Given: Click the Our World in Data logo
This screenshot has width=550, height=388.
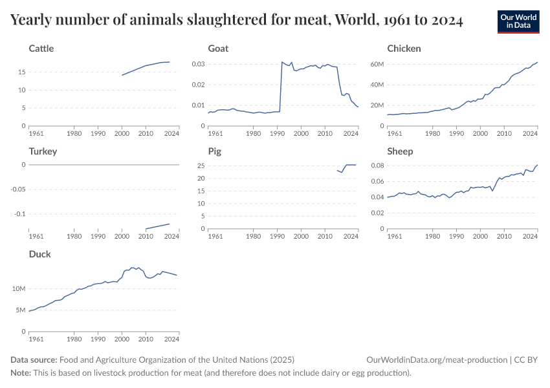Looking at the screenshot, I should (x=518, y=21).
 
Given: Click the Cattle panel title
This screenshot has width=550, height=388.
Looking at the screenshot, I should (x=41, y=48).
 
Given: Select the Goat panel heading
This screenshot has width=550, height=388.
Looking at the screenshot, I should (x=218, y=48).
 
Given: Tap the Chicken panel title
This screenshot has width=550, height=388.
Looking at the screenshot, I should (x=404, y=48).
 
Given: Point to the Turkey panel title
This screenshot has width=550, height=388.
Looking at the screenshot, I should (x=43, y=151).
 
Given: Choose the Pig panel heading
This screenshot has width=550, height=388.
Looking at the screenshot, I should (x=214, y=151).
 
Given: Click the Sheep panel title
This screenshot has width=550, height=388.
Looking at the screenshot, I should (x=400, y=151).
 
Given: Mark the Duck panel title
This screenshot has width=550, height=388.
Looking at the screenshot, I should (x=40, y=254).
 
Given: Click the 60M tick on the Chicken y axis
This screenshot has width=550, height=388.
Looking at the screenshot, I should (x=376, y=64).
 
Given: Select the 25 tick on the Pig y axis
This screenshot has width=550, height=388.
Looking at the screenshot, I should (x=200, y=166).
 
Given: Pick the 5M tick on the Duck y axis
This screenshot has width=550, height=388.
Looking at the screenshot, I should (x=20, y=310).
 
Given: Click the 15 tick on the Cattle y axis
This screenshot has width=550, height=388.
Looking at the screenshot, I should (x=21, y=72).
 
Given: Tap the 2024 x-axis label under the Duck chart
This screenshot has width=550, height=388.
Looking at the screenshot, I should (x=171, y=339).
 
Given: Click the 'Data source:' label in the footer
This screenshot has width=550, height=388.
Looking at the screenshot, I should (x=34, y=360).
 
